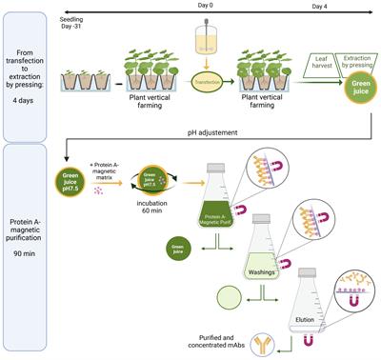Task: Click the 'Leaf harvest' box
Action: [x=303, y=61]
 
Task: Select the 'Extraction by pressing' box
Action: [x=342, y=61]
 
